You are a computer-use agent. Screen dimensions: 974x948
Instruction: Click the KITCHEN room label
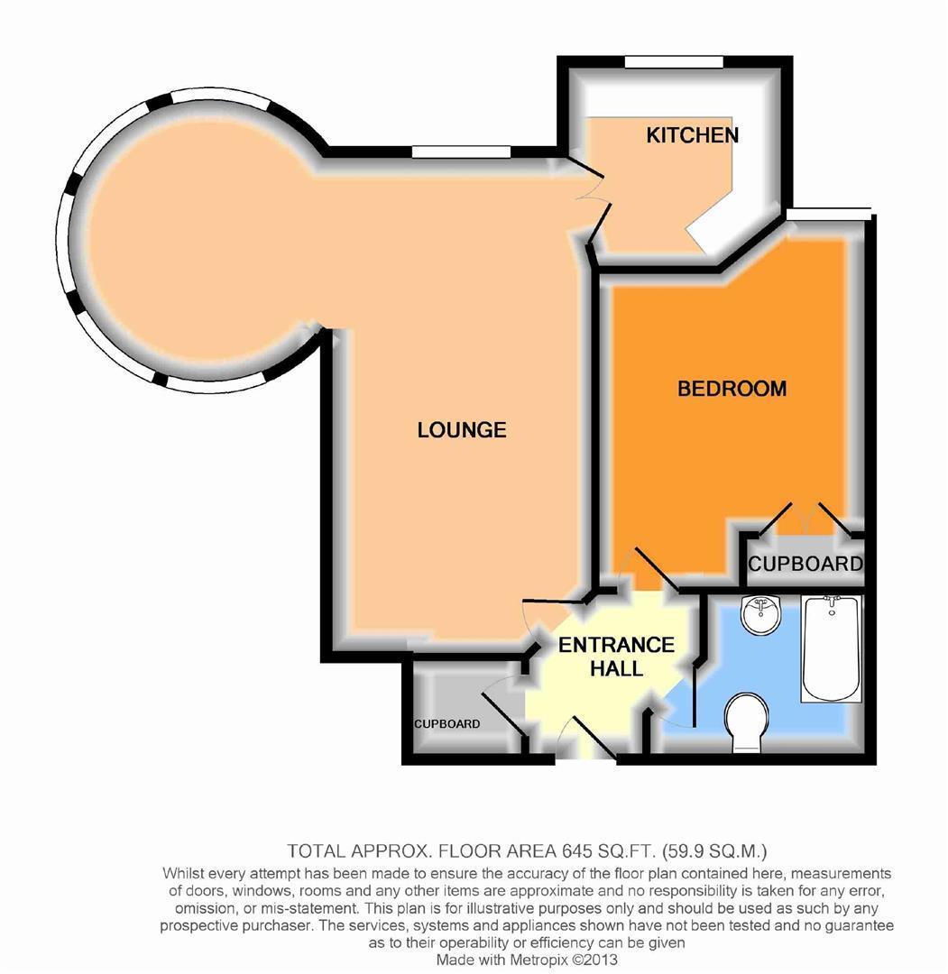pos(692,135)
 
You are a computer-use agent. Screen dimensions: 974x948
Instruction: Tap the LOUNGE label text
pos(461,430)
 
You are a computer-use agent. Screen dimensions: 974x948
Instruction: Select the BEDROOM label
pos(732,389)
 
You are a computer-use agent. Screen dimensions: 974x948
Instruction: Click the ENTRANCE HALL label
pos(616,657)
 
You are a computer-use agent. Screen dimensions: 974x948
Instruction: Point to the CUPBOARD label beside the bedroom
pos(805,565)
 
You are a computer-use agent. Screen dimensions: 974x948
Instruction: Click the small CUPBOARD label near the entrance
pos(446,724)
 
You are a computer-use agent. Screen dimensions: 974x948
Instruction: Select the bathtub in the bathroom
pos(832,647)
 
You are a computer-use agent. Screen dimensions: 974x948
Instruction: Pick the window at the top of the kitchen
pos(674,62)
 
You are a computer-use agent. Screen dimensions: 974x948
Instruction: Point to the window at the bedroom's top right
pos(828,213)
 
